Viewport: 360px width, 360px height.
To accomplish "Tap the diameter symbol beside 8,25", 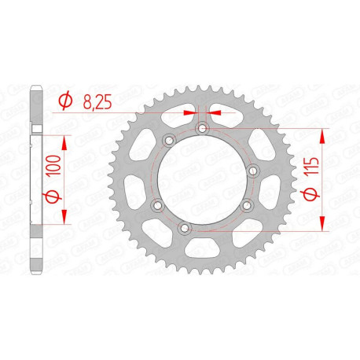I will click(x=66, y=101).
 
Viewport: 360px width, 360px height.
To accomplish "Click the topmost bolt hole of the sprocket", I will click(x=202, y=127).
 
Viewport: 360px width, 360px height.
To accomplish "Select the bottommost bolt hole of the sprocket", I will click(x=185, y=228).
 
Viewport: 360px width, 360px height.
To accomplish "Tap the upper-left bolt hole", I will click(x=167, y=141).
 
